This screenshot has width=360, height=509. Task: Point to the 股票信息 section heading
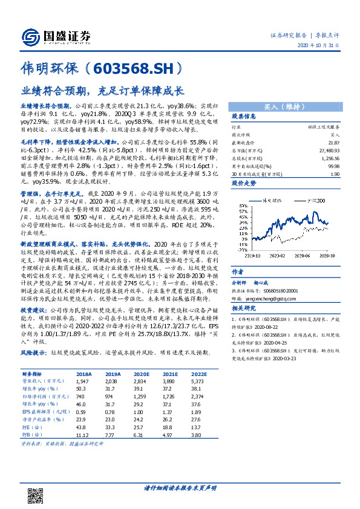pyautogui.click(x=244, y=115)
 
